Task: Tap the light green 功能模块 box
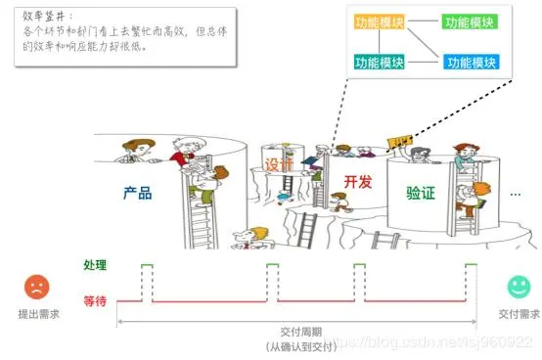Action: (x=469, y=21)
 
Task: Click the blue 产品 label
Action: (x=138, y=194)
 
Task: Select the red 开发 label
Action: (x=359, y=182)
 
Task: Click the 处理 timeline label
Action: (x=95, y=265)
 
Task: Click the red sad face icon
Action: (x=36, y=287)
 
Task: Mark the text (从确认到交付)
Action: (x=299, y=347)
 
